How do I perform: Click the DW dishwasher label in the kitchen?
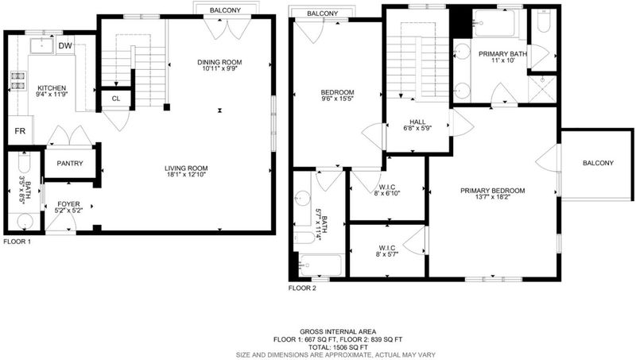click(x=65, y=46)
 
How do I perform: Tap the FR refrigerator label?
click(x=20, y=131)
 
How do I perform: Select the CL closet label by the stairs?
click(x=116, y=99)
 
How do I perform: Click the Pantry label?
click(x=70, y=164)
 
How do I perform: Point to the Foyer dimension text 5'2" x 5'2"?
click(x=68, y=211)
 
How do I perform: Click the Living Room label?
click(x=186, y=168)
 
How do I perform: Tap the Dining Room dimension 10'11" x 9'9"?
click(x=219, y=68)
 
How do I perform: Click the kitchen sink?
click(x=42, y=46)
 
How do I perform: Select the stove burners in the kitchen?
click(x=18, y=80)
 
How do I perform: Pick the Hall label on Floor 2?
click(x=417, y=122)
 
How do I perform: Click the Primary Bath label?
click(x=502, y=54)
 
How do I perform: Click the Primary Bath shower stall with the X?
click(x=542, y=89)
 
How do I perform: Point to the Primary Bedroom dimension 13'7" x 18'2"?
click(x=492, y=197)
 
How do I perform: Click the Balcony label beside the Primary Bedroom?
click(x=598, y=163)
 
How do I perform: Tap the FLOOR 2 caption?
click(x=302, y=288)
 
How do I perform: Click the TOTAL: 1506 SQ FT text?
click(x=338, y=347)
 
